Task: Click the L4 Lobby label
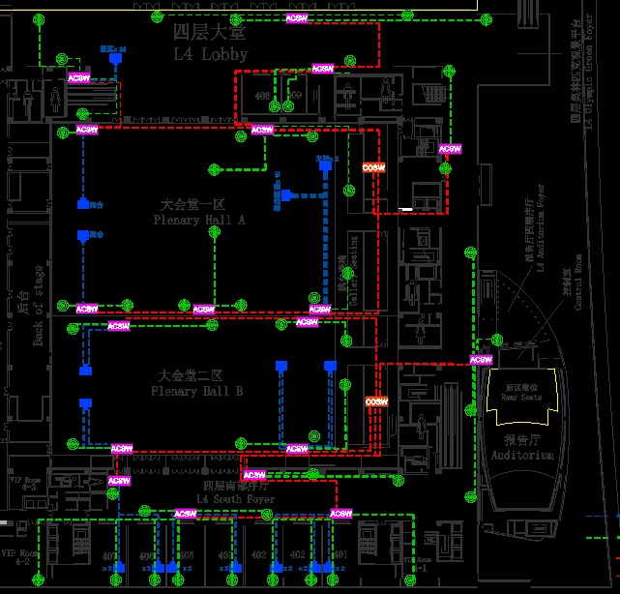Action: (x=210, y=54)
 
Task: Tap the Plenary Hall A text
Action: (x=199, y=221)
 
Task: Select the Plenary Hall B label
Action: (x=196, y=391)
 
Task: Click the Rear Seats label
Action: (x=521, y=397)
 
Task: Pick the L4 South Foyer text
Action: (x=236, y=499)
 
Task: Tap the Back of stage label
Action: (x=38, y=306)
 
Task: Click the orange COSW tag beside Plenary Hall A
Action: (x=374, y=167)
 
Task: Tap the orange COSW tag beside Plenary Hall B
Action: (x=376, y=401)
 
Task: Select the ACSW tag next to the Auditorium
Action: (x=480, y=360)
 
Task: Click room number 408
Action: (x=262, y=96)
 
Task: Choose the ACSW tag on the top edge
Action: (x=298, y=18)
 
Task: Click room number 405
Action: (x=187, y=555)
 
